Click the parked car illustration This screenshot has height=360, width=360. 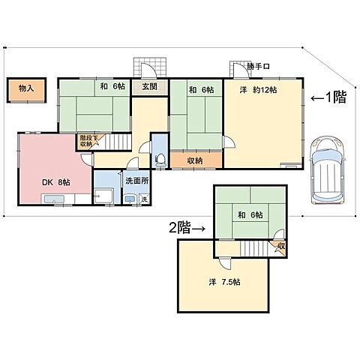[x=327, y=169]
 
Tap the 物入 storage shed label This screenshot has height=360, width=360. [x=26, y=88]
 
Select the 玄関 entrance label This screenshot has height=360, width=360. [x=150, y=86]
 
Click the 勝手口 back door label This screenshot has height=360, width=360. [x=258, y=67]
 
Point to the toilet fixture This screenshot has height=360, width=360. [x=160, y=160]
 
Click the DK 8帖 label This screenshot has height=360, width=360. [x=56, y=182]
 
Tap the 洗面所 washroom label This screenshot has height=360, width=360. [x=137, y=181]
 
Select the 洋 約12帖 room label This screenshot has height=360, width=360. [x=258, y=90]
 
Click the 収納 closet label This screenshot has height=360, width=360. [x=195, y=160]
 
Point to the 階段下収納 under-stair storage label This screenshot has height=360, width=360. [x=86, y=141]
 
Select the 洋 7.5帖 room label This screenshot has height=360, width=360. [x=224, y=282]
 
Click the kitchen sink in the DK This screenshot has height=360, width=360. [x=54, y=199]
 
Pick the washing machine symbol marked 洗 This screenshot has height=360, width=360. [x=144, y=199]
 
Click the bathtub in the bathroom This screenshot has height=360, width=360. [x=103, y=196]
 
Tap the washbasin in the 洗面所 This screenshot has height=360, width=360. [x=130, y=199]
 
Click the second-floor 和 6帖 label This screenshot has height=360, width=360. [x=250, y=214]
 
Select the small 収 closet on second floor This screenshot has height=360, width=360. [x=280, y=247]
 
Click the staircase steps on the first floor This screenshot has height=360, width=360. [x=118, y=142]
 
